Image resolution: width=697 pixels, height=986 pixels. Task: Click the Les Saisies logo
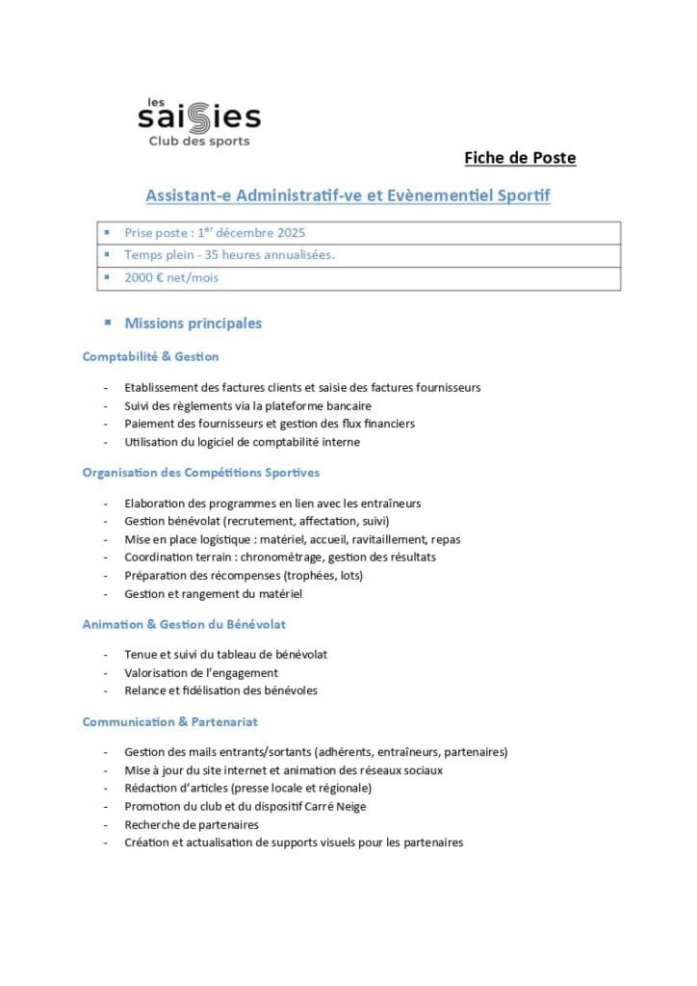198,121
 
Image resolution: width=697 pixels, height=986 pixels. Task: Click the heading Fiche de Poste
520,158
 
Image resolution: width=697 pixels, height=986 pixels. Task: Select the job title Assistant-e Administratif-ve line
348,195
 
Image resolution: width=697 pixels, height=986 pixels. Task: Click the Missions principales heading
193,324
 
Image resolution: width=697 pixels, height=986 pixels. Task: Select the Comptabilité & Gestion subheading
150,356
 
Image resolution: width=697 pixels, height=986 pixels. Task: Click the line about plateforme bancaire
247,405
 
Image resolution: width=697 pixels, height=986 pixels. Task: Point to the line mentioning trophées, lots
244,576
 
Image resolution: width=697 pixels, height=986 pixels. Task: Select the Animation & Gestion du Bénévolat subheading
184,624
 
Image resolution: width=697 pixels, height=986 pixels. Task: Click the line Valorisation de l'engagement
201,672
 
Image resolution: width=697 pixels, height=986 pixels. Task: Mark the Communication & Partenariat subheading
169,721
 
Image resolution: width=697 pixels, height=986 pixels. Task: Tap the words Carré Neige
332,806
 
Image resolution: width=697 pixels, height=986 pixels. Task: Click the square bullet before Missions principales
108,323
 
